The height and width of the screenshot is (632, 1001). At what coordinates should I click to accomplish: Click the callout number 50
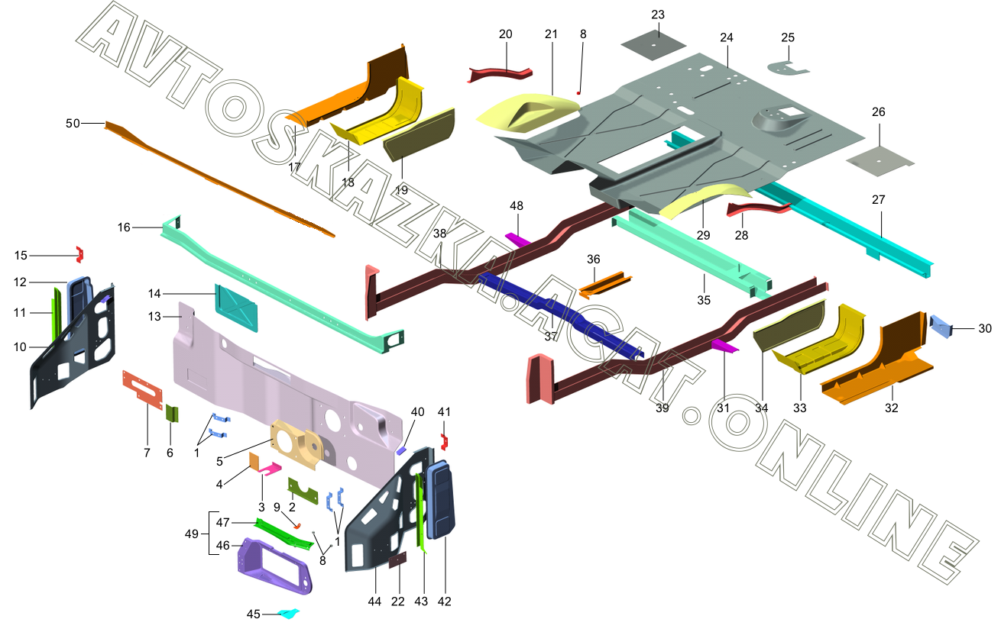73,123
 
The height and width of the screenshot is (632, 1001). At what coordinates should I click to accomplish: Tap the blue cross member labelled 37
559,312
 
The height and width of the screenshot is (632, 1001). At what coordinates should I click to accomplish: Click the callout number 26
878,111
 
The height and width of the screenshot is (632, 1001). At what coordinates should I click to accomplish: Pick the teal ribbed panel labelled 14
236,308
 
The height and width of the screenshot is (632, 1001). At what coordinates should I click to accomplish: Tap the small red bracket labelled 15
80,254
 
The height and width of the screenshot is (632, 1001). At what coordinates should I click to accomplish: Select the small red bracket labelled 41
444,441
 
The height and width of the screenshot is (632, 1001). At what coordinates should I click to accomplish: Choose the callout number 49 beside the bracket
192,534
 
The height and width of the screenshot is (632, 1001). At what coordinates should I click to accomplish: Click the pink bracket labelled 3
270,469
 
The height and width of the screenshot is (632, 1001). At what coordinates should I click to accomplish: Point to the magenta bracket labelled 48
517,239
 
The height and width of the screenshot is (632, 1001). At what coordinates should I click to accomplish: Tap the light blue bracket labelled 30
940,326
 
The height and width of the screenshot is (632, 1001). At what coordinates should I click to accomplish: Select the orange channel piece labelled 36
605,284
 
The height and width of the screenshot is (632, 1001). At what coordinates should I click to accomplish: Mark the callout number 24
727,37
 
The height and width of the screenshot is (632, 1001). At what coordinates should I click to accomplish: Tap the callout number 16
124,227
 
